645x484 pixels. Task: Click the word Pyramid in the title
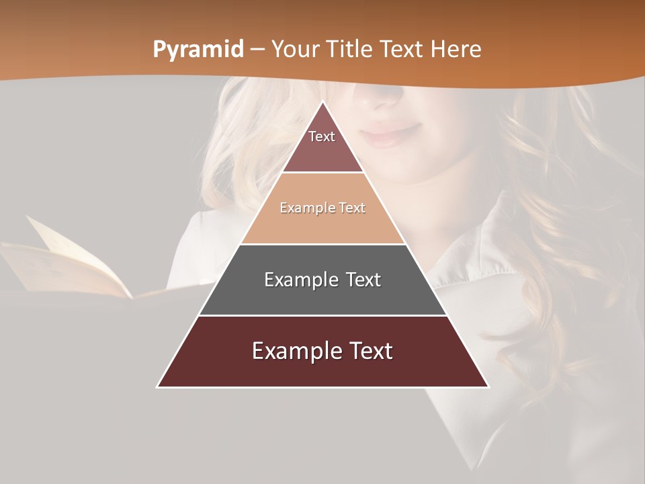tap(198, 49)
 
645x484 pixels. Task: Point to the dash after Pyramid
tap(257, 50)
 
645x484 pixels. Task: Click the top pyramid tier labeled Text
tap(322, 145)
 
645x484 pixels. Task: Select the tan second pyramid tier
tap(322, 218)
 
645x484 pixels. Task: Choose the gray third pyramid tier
tap(322, 289)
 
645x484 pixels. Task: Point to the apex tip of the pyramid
tap(322, 103)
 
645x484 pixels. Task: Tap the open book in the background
tap(74, 266)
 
